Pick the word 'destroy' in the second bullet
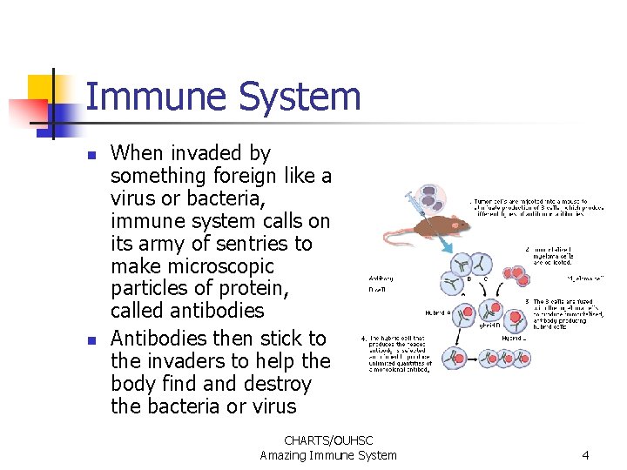[x=275, y=384]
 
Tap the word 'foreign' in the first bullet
[x=252, y=176]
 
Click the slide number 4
[x=585, y=454]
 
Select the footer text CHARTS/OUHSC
[x=327, y=440]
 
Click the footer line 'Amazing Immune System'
[x=327, y=455]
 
